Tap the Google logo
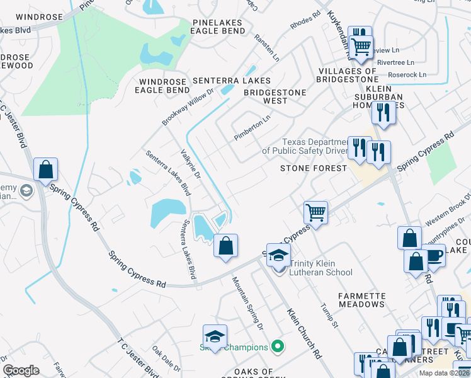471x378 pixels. coord(21,370)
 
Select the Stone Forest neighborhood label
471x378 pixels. coord(313,169)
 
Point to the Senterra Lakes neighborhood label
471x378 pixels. coord(231,81)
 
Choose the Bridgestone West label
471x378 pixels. coord(275,96)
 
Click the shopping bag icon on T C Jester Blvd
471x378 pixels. coord(45,170)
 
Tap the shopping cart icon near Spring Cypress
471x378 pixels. coord(315,212)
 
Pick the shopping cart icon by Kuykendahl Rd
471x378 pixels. coord(361,47)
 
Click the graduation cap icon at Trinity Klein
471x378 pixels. coord(278,255)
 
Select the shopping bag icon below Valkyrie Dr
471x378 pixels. coord(226,246)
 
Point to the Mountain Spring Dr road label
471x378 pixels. coord(247,303)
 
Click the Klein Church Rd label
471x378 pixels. coord(304,333)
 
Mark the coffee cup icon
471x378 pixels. coord(434,256)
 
